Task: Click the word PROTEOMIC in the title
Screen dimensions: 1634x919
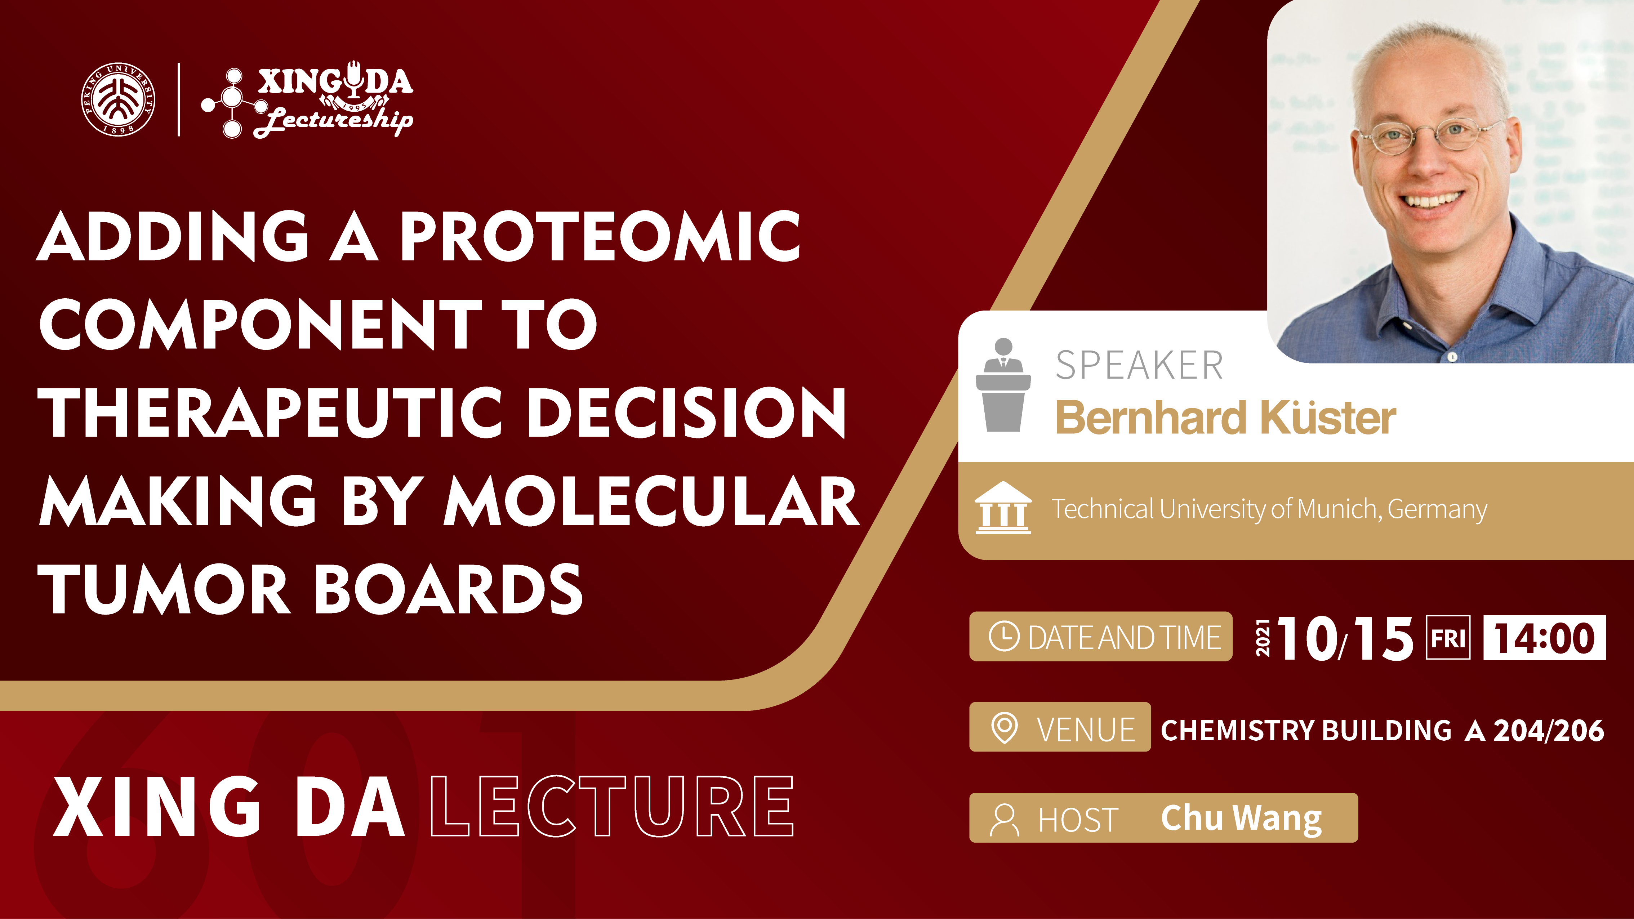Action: tap(600, 236)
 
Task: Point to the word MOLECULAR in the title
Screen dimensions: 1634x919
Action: tap(651, 501)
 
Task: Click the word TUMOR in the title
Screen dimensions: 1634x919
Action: tap(164, 589)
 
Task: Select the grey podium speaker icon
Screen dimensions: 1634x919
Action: tap(1003, 385)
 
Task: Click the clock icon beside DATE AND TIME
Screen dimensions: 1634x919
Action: tap(1004, 637)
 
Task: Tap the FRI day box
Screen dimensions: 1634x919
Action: tap(1448, 637)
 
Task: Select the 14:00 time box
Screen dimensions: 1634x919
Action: tap(1545, 637)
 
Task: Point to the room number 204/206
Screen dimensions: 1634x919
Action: tap(1548, 731)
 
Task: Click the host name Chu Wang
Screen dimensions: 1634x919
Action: tap(1241, 818)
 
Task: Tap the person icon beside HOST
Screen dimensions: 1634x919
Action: tap(1004, 820)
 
